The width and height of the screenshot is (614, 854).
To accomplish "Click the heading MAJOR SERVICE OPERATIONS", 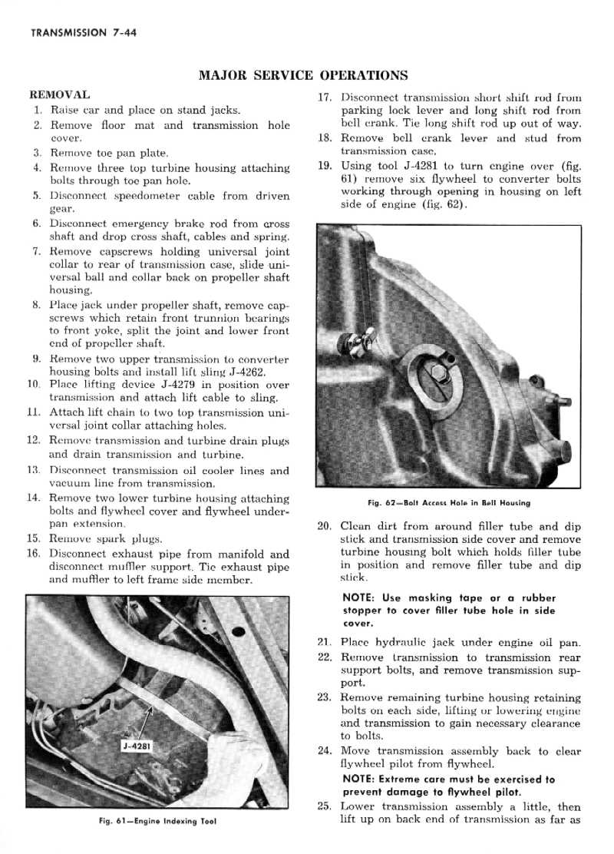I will tap(303, 75).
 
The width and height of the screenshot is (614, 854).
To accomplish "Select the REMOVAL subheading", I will tap(59, 95).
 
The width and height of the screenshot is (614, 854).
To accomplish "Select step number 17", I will tap(324, 98).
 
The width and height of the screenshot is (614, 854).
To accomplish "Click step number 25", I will tap(324, 806).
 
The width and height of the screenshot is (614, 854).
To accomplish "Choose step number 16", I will tap(33, 553).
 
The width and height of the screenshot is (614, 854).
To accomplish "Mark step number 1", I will tap(36, 110).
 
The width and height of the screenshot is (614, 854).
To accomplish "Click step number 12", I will tap(33, 440).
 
